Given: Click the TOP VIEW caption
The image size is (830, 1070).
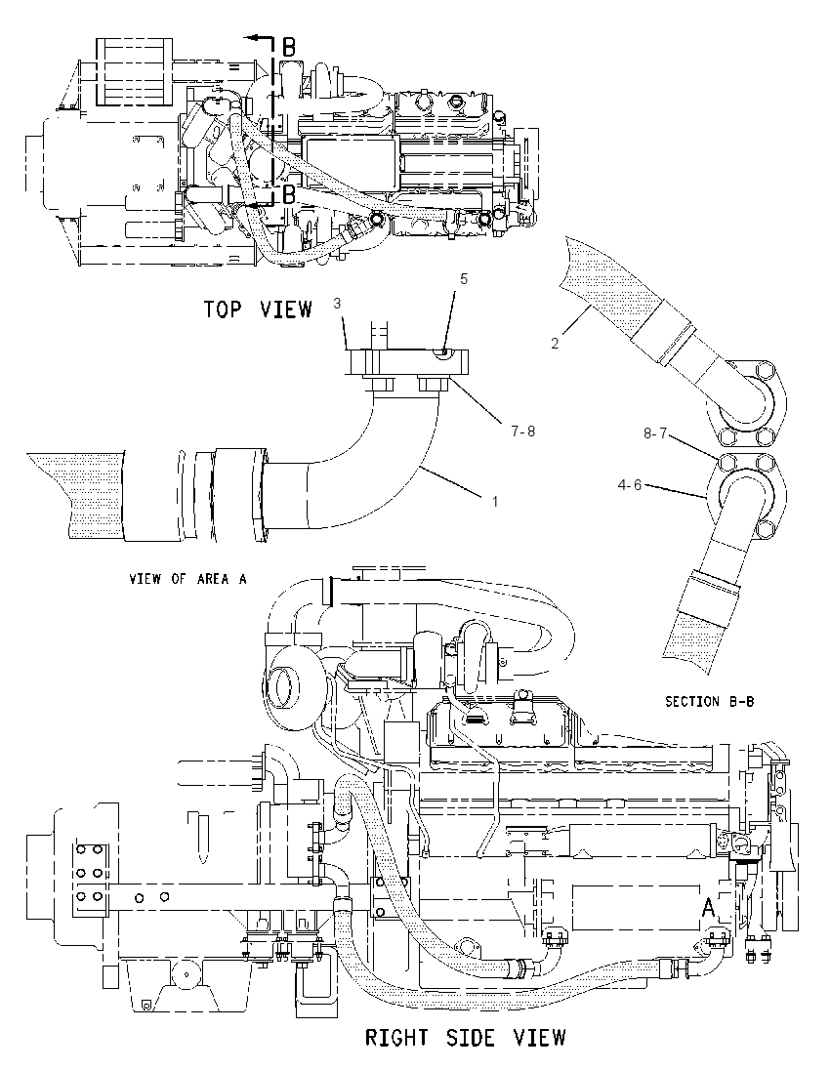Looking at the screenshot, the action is pos(258,309).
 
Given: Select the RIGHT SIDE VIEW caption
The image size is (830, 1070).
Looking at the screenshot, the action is pos(466,1038).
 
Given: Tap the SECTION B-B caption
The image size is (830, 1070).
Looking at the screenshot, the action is pos(710,701).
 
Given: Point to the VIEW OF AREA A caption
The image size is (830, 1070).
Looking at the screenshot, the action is pos(188,579).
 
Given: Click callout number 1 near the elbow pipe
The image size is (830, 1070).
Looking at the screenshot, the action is pos(495,502).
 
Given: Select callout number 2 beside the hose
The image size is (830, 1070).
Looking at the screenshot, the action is pos(555,344).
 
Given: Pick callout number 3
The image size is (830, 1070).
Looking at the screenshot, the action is pos(337,304).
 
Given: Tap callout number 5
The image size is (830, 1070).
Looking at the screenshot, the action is pos(464,279).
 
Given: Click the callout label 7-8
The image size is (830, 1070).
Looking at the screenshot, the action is pos(522,432).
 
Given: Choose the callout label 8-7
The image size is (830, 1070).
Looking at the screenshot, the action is pos(654,432).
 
